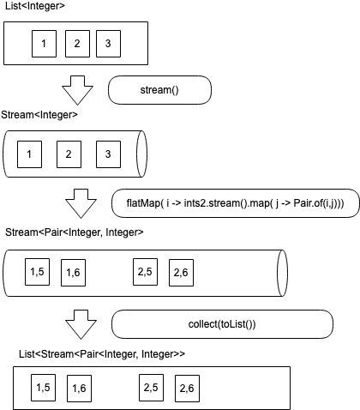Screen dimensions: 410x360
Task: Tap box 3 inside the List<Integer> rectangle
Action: coord(109,44)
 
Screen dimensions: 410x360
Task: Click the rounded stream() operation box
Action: coord(159,90)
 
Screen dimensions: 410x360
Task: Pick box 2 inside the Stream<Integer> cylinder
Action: coord(69,154)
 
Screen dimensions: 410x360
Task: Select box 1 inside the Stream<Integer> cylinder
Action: coord(30,154)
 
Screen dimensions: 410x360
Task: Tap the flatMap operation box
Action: coord(228,204)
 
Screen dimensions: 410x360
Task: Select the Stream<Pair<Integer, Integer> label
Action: coord(75,232)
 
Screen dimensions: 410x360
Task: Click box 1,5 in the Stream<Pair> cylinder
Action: coord(38,272)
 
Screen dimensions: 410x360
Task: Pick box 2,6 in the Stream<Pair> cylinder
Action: coord(182,272)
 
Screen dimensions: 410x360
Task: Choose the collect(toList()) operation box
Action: coord(222,323)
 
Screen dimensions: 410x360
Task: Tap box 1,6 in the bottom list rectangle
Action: coord(80,389)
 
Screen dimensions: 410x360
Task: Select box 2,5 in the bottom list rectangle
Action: coord(151,388)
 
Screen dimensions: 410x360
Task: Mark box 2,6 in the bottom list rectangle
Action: coord(187,389)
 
